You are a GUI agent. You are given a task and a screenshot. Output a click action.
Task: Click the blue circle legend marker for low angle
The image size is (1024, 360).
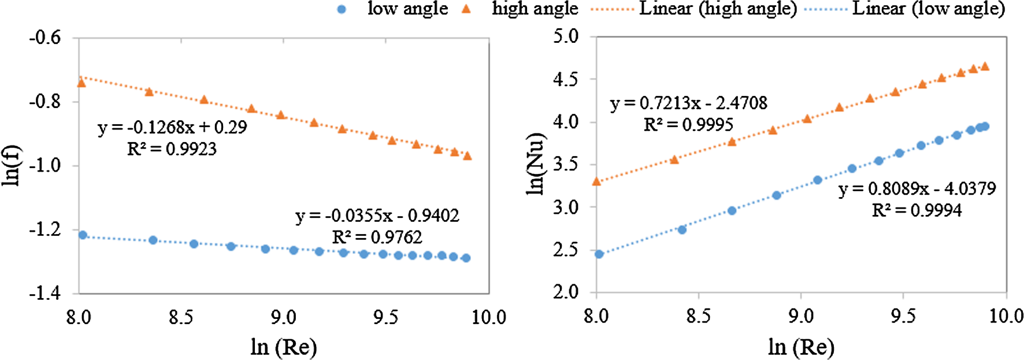342,9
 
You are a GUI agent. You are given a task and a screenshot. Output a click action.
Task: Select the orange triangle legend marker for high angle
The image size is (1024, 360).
467,9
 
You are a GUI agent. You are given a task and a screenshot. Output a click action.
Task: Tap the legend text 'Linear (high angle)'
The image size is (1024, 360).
718,9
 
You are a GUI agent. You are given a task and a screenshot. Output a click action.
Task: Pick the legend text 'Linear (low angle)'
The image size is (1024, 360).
928,9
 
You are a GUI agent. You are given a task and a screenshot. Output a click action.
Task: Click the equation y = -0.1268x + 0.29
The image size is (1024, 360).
172,127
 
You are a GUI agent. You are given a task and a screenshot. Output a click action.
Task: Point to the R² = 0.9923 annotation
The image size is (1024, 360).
172,149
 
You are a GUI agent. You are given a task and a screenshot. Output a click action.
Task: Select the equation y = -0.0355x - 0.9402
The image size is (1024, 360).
377,216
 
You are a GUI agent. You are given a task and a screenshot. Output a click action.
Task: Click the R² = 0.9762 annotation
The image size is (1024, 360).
377,237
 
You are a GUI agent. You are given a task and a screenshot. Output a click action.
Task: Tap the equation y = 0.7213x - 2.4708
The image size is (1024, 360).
688,103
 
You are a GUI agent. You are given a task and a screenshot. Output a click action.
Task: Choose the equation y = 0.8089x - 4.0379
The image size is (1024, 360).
917,189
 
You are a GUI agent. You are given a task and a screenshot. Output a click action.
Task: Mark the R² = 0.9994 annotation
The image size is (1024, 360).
917,210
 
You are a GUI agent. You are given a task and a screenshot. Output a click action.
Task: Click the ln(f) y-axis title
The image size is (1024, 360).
12,165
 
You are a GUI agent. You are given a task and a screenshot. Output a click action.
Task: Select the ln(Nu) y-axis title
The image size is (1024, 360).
536,164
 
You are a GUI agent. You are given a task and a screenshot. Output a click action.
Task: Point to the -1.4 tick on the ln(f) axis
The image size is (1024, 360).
45,294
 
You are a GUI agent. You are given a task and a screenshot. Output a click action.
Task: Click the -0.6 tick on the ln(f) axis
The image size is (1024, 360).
45,38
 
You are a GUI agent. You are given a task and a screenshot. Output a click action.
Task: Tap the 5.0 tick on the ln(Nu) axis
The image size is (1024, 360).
566,36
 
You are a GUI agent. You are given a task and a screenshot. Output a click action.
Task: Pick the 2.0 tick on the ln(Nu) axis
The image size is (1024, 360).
566,292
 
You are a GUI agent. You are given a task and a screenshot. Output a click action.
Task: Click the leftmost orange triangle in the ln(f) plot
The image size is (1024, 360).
81,83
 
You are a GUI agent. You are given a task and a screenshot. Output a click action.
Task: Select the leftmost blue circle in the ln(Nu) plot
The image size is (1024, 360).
599,254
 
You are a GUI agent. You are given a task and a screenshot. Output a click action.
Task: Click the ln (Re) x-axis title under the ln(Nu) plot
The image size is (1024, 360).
801,347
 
